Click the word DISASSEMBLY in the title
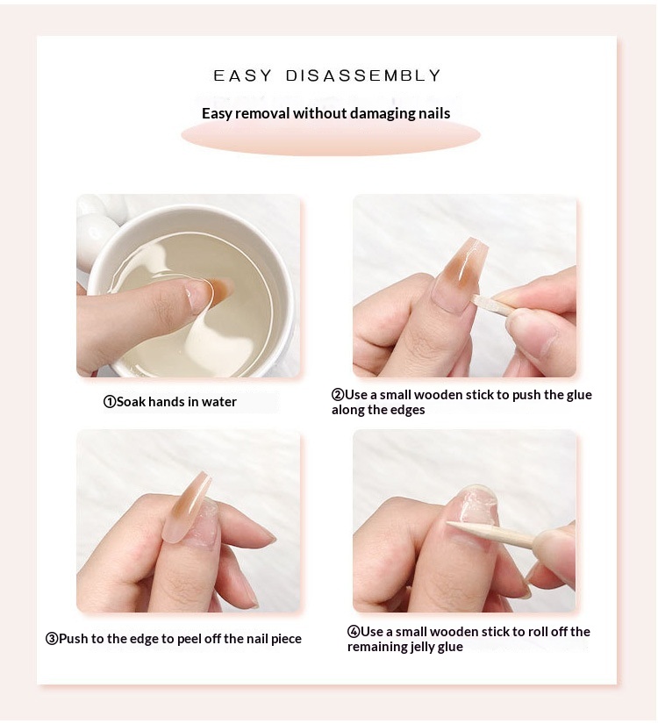coord(363,75)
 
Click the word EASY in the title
coord(243,75)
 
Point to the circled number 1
coord(110,402)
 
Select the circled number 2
coord(338,395)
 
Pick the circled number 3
coord(51,639)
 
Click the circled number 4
coord(354,632)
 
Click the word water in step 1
coord(218,402)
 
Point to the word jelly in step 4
coord(420,648)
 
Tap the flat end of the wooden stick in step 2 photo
coord(475,301)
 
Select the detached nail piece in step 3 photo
coord(187,507)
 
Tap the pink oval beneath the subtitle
coord(331,136)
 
